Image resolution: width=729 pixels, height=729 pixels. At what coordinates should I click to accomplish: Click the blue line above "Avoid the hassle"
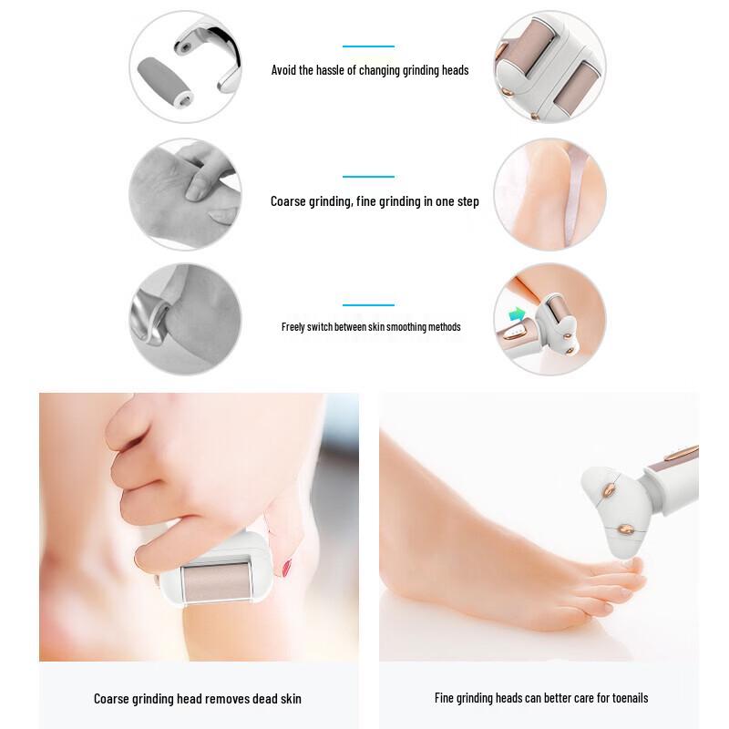click(368, 46)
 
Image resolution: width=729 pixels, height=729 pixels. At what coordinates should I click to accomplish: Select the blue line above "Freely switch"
click(368, 305)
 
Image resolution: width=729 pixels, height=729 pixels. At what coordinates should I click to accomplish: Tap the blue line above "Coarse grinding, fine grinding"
click(368, 176)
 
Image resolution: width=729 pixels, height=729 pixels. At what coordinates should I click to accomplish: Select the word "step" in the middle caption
click(467, 201)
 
